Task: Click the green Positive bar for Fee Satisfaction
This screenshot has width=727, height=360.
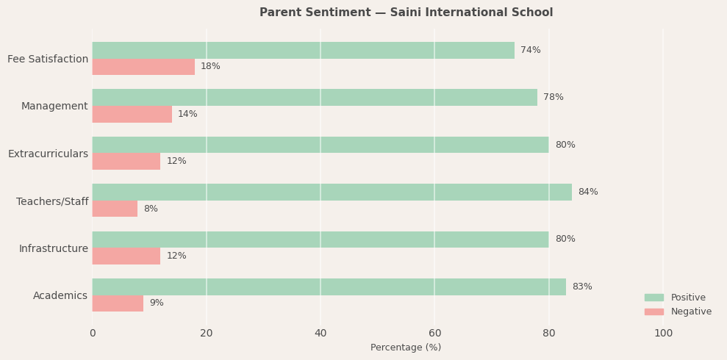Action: point(303,51)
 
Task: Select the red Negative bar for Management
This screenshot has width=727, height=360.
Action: point(132,115)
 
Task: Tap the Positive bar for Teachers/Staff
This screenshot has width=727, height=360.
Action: point(332,192)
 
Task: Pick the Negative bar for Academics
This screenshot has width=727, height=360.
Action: point(118,303)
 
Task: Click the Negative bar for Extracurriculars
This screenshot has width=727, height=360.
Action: point(126,162)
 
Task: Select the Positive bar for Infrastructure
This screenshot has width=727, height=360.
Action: point(320,240)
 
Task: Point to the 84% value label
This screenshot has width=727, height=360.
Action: point(587,192)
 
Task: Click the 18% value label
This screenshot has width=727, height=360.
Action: point(210,67)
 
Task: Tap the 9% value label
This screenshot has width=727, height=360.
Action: point(157,303)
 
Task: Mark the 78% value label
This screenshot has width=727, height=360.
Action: point(553,98)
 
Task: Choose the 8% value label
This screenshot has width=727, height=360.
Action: point(151,209)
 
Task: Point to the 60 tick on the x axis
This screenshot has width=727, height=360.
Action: point(434,334)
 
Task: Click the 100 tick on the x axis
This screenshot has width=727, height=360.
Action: point(663,334)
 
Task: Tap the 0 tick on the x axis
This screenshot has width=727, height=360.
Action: point(93,334)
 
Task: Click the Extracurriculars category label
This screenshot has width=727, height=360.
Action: point(48,154)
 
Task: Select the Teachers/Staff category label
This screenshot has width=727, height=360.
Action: point(52,202)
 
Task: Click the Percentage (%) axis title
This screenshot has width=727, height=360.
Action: point(406,348)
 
